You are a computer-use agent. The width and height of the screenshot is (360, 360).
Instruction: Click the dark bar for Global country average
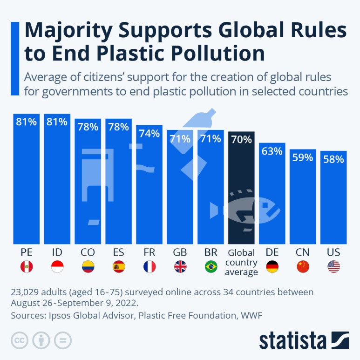tap(241, 188)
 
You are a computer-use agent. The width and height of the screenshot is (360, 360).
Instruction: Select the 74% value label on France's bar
tap(149, 133)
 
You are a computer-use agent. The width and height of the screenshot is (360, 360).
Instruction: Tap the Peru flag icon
tap(27, 266)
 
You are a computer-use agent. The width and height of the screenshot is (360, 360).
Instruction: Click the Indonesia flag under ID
tap(57, 266)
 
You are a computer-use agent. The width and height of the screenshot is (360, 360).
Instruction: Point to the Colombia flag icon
tap(88, 266)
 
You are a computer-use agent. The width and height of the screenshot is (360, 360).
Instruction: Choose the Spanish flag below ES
tap(119, 266)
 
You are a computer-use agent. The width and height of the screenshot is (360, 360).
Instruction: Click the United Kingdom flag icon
tap(180, 266)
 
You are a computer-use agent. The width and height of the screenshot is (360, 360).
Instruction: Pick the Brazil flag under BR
tap(211, 266)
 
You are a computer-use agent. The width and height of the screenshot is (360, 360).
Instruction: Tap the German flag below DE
tap(272, 266)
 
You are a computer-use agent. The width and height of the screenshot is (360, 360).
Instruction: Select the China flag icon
tap(303, 266)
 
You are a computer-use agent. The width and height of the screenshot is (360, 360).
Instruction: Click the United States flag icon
tap(333, 266)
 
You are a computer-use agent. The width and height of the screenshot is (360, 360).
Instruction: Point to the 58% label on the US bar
tap(333, 159)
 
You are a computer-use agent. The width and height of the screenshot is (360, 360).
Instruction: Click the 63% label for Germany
tap(272, 151)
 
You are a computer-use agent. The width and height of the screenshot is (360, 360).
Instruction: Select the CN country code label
tap(303, 252)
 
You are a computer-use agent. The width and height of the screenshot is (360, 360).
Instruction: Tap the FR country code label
tap(149, 252)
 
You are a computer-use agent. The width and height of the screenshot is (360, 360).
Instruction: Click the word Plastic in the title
tap(130, 53)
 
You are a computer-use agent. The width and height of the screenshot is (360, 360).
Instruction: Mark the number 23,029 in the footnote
tap(25, 292)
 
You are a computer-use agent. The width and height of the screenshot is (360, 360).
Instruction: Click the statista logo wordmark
tap(292, 341)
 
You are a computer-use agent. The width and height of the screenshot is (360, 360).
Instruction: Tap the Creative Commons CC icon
tap(20, 340)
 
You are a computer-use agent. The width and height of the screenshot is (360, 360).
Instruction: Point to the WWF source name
tap(251, 315)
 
